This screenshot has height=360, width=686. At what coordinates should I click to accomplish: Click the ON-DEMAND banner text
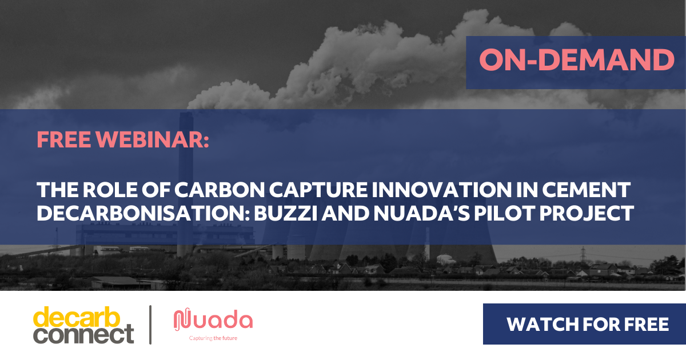(x=577, y=59)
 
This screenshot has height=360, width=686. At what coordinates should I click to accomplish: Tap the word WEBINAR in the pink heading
(x=152, y=139)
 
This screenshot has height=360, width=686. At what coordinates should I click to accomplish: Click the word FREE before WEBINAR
(x=63, y=139)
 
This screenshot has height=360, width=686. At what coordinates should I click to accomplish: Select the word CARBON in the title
(x=220, y=190)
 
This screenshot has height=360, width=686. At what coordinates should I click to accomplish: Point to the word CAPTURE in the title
(x=318, y=190)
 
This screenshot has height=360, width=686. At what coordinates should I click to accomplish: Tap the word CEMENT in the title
(x=587, y=190)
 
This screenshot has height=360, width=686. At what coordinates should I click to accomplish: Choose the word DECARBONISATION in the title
(x=143, y=213)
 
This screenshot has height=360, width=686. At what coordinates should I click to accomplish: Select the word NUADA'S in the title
(x=422, y=213)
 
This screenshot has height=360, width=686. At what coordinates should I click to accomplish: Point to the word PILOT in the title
(x=504, y=213)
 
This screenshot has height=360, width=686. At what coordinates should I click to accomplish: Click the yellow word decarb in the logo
(x=77, y=317)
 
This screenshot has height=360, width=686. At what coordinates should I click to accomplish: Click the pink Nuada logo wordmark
(x=213, y=320)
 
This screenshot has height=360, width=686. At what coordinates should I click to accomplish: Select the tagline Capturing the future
(x=213, y=338)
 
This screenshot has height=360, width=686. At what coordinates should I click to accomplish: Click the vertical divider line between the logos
(x=150, y=325)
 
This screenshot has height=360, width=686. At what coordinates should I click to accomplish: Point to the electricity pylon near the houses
(x=583, y=254)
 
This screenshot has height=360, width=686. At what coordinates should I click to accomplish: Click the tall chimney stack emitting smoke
(x=186, y=183)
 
